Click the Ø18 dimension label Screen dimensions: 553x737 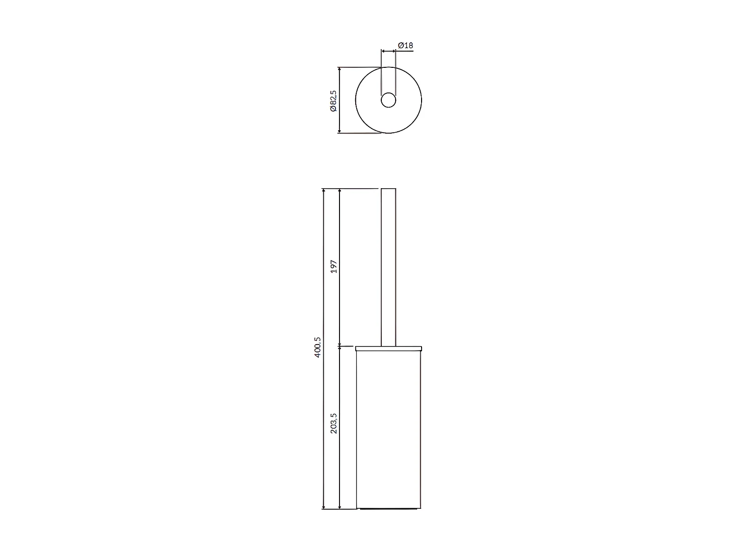pyautogui.click(x=405, y=45)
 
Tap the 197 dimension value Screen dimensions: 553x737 pyautogui.click(x=334, y=267)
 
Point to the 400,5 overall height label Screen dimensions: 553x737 pyautogui.click(x=318, y=347)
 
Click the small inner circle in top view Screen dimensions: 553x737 pyautogui.click(x=388, y=100)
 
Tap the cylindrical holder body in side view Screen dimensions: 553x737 pyautogui.click(x=388, y=428)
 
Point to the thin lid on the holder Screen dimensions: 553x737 pyautogui.click(x=388, y=349)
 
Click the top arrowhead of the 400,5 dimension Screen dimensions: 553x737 pyautogui.click(x=323, y=191)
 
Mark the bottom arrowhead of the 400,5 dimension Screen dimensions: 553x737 pyautogui.click(x=323, y=506)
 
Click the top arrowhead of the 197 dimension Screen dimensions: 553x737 pyautogui.click(x=339, y=191)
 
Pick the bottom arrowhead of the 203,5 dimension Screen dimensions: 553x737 pyautogui.click(x=339, y=506)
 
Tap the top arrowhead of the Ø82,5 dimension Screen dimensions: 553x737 pyautogui.click(x=339, y=69)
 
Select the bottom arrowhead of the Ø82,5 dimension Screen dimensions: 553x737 pyautogui.click(x=339, y=130)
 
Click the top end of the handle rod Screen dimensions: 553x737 pyautogui.click(x=388, y=189)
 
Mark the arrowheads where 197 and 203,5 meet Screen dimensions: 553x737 pyautogui.click(x=339, y=346)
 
